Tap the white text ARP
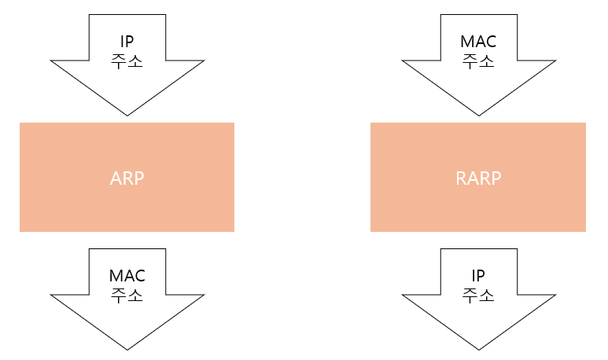point(127,178)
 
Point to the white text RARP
point(477,178)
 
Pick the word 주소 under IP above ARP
point(127,62)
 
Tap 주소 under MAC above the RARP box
point(477,62)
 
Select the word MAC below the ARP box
point(127,277)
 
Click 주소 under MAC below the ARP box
point(127,296)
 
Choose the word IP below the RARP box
point(477,277)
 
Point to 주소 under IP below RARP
point(477,296)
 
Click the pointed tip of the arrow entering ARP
point(127,115)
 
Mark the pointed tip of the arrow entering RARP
point(477,115)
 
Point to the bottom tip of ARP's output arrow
point(127,348)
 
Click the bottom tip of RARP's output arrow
point(477,348)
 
